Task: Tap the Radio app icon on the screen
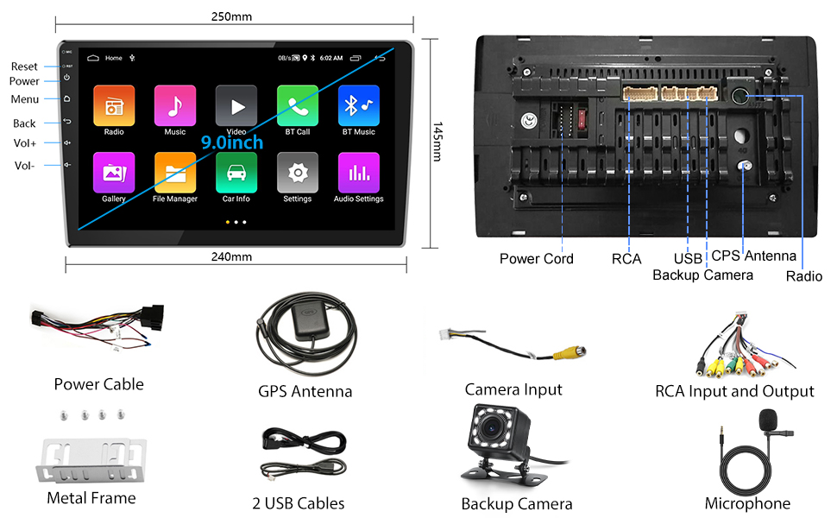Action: [114, 105]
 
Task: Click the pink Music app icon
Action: [175, 105]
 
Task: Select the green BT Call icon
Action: [298, 105]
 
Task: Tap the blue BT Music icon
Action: [359, 105]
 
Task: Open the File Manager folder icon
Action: [175, 173]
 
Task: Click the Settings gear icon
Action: [298, 173]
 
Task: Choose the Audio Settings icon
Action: [359, 173]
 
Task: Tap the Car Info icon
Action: [236, 173]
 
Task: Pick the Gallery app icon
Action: [114, 173]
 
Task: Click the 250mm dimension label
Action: [232, 16]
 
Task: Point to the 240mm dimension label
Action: [232, 256]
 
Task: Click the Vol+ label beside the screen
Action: [25, 143]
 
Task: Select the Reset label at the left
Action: [24, 66]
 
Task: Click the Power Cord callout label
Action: [536, 258]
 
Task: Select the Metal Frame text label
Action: [91, 498]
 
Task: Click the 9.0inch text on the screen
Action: [232, 142]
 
